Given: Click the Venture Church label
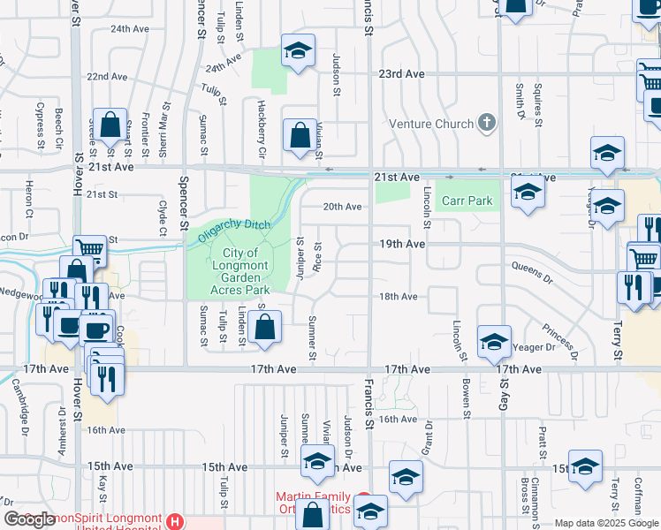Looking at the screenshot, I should (431, 124).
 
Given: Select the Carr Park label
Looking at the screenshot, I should (467, 201).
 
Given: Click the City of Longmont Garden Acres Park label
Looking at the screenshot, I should (239, 271).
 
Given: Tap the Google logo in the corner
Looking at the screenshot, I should (30, 519).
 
